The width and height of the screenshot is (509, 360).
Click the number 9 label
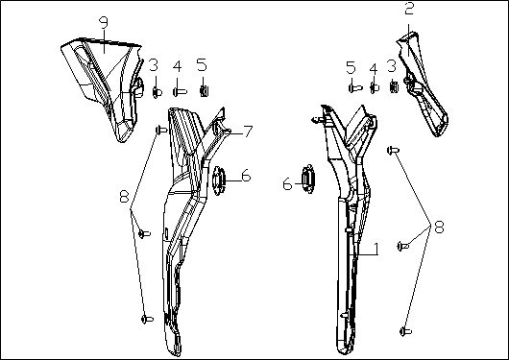[x=104, y=22]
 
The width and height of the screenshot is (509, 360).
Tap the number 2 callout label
[x=409, y=9]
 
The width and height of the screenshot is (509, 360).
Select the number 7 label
[x=248, y=132]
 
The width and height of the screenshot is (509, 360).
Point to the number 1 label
[x=376, y=249]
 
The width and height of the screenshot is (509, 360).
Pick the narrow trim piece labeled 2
[x=422, y=84]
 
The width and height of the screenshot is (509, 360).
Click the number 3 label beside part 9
[x=154, y=65]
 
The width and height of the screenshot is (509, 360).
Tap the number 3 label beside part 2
[x=392, y=66]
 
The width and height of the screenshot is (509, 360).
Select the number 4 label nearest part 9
[x=177, y=66]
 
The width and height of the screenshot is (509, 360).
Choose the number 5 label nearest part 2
[x=351, y=67]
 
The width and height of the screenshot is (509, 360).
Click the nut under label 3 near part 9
[x=158, y=93]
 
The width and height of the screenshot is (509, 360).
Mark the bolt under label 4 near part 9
[x=180, y=92]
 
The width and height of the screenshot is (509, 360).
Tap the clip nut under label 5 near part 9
[x=204, y=91]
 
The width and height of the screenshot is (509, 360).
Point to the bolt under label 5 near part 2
[x=355, y=87]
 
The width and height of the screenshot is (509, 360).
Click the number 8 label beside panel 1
[x=439, y=227]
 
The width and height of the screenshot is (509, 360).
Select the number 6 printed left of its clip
[x=287, y=184]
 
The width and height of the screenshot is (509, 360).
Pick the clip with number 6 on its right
[x=219, y=180]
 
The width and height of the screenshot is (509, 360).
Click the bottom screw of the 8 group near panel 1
[x=405, y=331]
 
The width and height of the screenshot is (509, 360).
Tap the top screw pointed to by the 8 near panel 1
[x=393, y=151]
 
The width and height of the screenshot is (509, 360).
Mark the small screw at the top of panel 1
[x=317, y=120]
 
